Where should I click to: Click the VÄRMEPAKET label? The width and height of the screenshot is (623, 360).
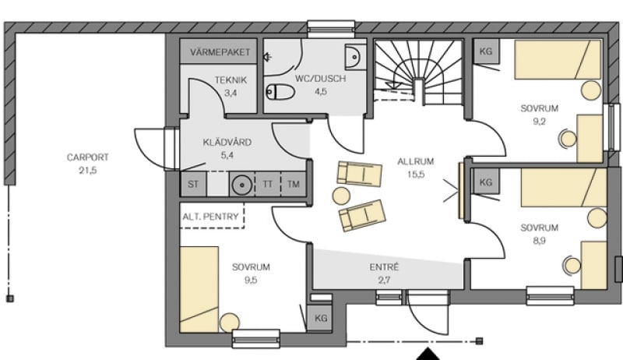coord(220,52)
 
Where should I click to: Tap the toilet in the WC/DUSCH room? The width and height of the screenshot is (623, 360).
coord(280,92)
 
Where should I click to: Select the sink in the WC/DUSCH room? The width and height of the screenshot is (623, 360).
coord(354,56)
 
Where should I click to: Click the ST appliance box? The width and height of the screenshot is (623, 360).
coord(193,184)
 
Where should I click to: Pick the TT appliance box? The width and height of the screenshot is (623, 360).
coord(268,184)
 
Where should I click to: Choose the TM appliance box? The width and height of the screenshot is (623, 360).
coord(294,184)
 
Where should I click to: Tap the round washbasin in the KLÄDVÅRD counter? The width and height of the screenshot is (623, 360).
coord(241,185)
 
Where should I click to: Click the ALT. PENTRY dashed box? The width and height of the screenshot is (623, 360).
coord(212,216)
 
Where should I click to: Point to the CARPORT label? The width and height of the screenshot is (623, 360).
coord(87,157)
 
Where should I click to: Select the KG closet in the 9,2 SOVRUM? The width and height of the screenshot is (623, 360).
coord(486,51)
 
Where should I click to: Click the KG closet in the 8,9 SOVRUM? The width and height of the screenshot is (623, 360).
coord(485,182)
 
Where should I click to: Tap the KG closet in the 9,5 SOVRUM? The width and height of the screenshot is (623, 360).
coord(321,318)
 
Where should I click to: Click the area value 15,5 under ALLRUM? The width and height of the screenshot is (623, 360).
coord(416,174)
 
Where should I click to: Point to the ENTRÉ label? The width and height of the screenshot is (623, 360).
coord(384,267)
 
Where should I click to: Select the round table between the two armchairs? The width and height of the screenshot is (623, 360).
coord(341,196)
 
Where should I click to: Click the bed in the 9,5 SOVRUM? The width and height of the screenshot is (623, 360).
coord(199,289)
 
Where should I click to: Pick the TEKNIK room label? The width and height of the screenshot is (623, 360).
coord(231,79)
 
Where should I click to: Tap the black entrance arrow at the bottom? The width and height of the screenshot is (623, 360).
coord(428,354)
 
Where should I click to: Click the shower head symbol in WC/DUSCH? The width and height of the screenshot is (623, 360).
coord(268,57)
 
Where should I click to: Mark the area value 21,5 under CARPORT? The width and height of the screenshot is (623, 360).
coord(88,171)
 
